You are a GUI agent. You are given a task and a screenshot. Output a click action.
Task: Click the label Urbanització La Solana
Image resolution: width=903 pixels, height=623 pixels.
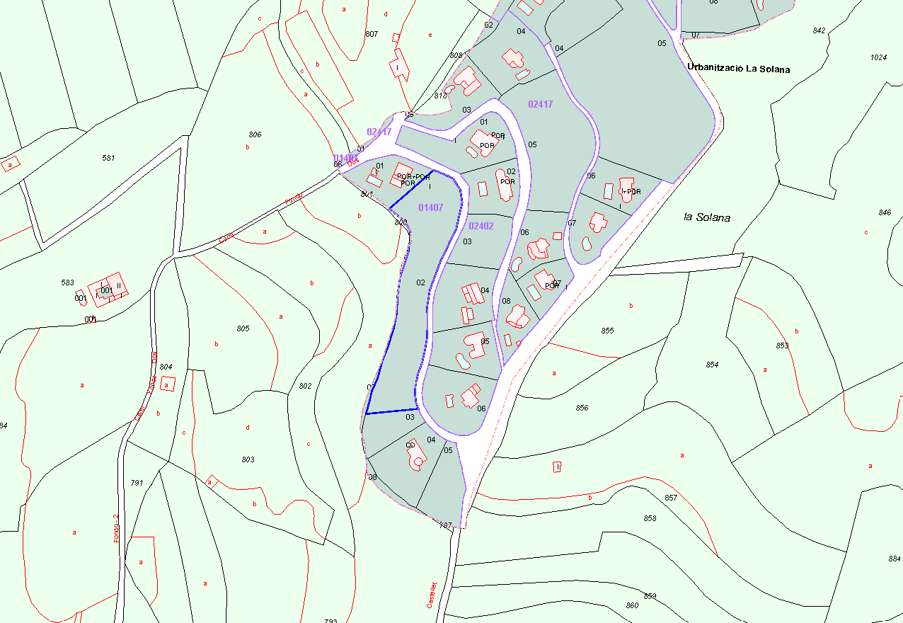pyautogui.click(x=738, y=69)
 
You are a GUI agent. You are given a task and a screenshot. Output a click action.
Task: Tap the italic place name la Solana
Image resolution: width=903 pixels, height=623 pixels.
pyautogui.click(x=706, y=217)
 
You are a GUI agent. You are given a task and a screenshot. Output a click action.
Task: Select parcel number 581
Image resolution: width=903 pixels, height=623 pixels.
pyautogui.click(x=108, y=158)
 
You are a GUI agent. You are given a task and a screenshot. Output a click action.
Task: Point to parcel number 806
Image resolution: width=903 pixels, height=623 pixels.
pyautogui.click(x=255, y=135)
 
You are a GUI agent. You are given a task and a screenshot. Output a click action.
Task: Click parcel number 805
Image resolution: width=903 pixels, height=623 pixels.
pyautogui.click(x=243, y=328)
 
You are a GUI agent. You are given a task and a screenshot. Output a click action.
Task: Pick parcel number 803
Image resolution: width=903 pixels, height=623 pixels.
pyautogui.click(x=248, y=459)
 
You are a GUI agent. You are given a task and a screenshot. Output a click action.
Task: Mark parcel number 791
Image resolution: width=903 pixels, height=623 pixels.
pyautogui.click(x=137, y=483)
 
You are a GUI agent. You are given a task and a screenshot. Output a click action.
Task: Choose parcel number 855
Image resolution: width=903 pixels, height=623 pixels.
pyautogui.click(x=607, y=331)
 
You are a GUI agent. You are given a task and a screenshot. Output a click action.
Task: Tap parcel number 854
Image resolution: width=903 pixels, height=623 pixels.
pyautogui.click(x=712, y=365)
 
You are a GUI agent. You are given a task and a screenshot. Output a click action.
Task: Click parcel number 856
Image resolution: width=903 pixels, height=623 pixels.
pyautogui.click(x=582, y=408)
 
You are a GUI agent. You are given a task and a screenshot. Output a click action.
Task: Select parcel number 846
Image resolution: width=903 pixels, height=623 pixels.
pyautogui.click(x=885, y=212)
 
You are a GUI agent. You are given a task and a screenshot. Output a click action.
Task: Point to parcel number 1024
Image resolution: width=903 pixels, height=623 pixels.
pyautogui.click(x=878, y=57)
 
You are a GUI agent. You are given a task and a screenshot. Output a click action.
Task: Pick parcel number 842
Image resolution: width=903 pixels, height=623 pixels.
pyautogui.click(x=819, y=30)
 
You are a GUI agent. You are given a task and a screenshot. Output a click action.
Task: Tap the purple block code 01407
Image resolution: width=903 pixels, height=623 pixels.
pyautogui.click(x=430, y=207)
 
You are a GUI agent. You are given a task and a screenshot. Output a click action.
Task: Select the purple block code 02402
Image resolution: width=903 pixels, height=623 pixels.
pyautogui.click(x=481, y=226)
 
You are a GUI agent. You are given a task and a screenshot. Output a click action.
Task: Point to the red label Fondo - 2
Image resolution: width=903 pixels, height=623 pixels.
pyautogui.click(x=117, y=528)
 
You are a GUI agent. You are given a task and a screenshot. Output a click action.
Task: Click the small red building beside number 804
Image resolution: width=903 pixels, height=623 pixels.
pyautogui.click(x=167, y=384)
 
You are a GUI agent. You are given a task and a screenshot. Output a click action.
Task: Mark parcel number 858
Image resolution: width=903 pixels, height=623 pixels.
pyautogui.click(x=650, y=518)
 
